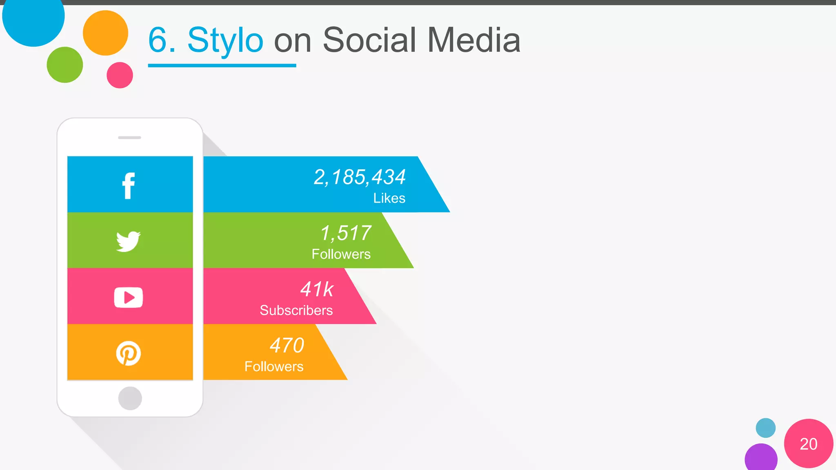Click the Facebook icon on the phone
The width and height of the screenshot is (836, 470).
(x=129, y=186)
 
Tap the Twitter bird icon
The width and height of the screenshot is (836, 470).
(x=129, y=241)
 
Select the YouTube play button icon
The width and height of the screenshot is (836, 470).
(x=129, y=297)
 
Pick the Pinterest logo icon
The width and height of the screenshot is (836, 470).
(x=129, y=353)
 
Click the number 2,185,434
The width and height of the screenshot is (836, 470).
(x=360, y=177)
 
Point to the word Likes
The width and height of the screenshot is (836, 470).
(x=389, y=198)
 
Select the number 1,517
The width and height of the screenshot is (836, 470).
(x=346, y=233)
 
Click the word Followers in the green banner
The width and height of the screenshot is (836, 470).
(x=341, y=254)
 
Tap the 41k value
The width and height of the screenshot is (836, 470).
(x=317, y=290)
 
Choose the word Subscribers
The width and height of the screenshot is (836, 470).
(x=296, y=310)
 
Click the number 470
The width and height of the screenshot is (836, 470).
(x=287, y=346)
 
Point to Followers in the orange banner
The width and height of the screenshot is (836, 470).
(x=274, y=366)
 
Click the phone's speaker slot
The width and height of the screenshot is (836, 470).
(x=129, y=137)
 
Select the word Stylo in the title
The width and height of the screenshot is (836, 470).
(x=225, y=40)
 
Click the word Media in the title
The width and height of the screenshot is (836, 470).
(x=474, y=40)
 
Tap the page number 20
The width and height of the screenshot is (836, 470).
(x=808, y=444)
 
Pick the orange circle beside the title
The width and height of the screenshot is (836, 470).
(x=105, y=33)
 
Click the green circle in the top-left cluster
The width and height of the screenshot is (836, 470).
(x=65, y=65)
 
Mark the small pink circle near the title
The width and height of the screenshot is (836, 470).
(x=120, y=75)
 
